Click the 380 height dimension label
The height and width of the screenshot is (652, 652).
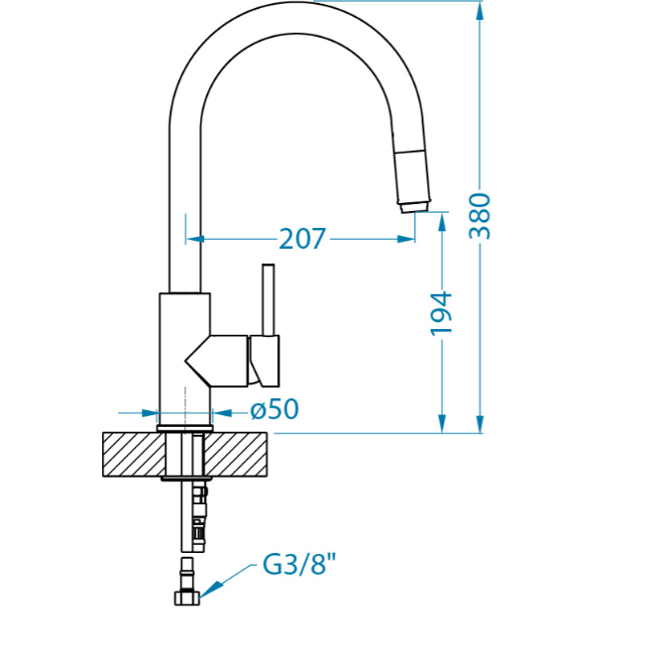pos(480,216)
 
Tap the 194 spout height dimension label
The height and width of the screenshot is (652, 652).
pos(441,314)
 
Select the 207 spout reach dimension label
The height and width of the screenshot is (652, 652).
pos(302,239)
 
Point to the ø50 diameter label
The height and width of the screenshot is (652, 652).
pos(274,409)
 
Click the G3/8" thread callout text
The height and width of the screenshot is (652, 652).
pos(299,564)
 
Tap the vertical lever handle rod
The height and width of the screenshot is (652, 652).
pos(269,300)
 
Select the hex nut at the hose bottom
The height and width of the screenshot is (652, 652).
pos(186,598)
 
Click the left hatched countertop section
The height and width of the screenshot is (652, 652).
pos(134,455)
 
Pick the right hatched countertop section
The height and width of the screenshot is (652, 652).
pos(236,455)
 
